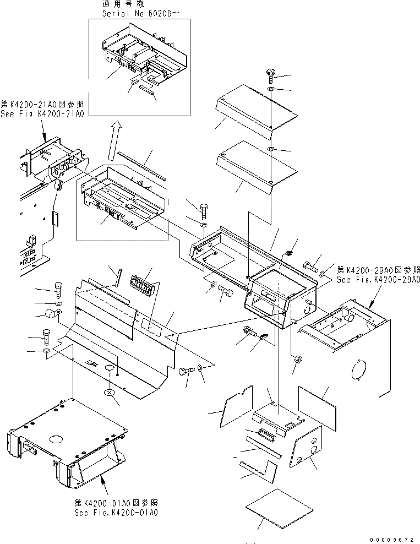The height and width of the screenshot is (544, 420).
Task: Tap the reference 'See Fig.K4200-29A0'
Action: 378,279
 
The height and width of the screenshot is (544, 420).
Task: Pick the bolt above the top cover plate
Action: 270,74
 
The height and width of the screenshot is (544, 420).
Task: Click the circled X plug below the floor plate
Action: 110,393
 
